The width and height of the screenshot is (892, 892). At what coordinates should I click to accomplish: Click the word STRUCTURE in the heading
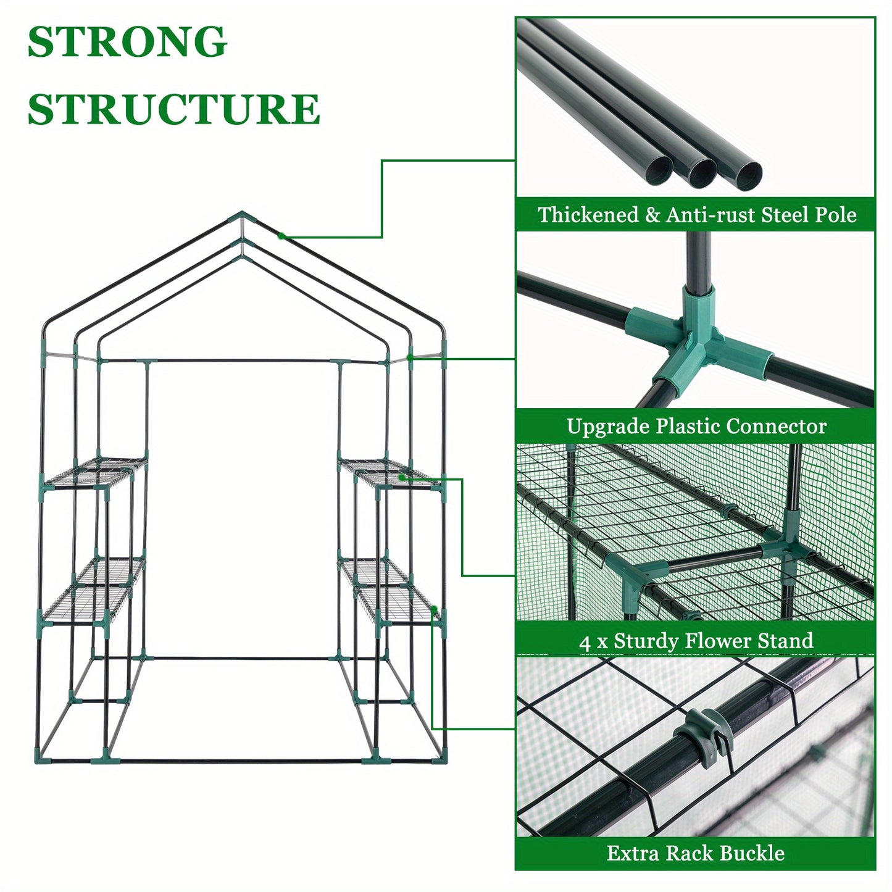click(x=173, y=109)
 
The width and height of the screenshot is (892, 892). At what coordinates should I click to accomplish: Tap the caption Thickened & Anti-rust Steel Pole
click(x=696, y=215)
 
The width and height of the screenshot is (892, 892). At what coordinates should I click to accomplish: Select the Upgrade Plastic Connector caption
click(x=696, y=427)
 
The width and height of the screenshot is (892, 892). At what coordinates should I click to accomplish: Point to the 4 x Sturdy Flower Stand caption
click(x=696, y=641)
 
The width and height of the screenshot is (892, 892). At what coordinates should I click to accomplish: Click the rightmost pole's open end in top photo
click(x=746, y=173)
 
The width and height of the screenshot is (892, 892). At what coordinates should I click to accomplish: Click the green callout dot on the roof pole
click(x=281, y=235)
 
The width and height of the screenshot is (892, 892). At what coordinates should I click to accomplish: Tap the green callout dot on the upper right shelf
click(x=401, y=477)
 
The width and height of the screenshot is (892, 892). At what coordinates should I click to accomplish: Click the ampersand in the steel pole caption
click(x=652, y=215)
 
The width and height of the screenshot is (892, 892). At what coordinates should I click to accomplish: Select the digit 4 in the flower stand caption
click(x=585, y=643)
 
